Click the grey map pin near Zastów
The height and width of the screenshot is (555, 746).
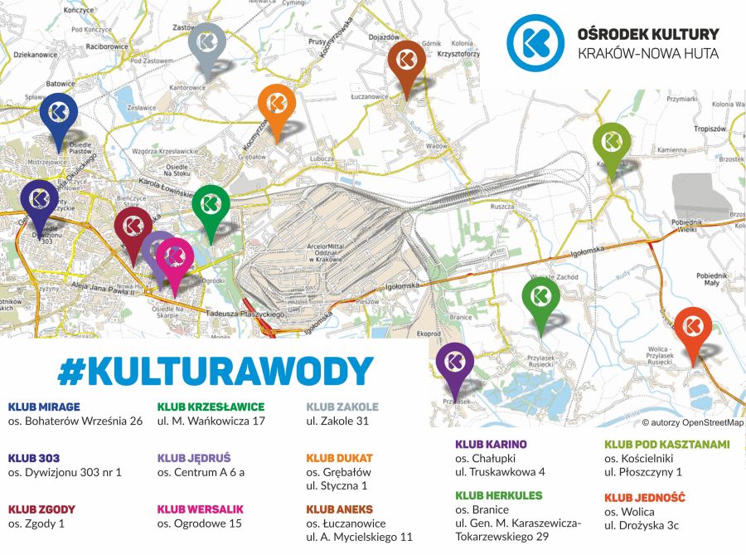207,45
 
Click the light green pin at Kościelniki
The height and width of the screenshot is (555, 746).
612,143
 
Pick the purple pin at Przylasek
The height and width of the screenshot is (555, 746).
454,364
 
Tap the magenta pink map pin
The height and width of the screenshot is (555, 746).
175,258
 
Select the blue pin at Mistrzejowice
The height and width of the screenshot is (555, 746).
59,114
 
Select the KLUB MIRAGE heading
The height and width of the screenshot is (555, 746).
44,407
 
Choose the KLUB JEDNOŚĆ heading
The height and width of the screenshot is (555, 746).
644,497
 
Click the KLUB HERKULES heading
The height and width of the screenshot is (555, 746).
498,495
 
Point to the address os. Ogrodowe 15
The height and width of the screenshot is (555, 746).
199,523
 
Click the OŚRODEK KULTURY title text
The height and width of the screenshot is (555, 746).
647,35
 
